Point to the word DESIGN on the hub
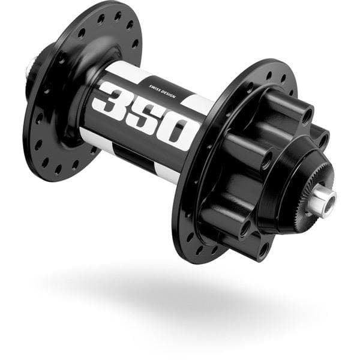click(x=167, y=94)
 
